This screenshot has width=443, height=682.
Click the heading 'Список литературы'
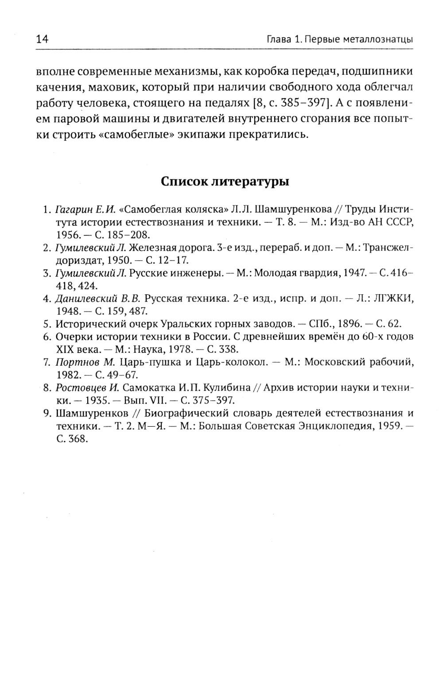coord(225,181)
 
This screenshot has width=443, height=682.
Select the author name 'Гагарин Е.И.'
coord(82,209)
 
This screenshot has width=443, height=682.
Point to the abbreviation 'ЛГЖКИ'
coord(394,298)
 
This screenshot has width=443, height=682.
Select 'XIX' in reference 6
coord(63,349)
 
